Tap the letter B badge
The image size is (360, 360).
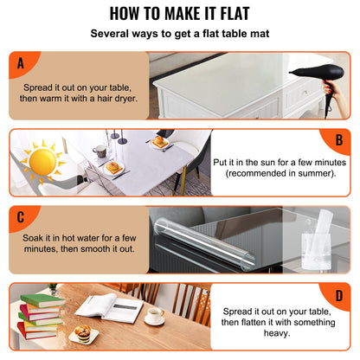coord(339,140)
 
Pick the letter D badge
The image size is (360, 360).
coord(339,294)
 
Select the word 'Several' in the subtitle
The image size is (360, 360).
coord(116,35)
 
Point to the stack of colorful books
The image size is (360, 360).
coord(39,316)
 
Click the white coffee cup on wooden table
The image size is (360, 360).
coord(155,316)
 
